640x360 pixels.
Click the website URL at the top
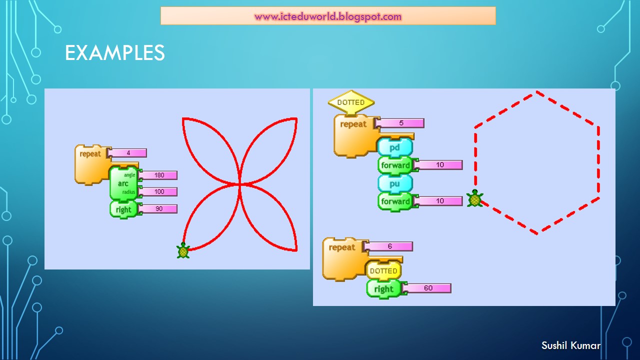328,16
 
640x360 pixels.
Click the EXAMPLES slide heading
114,53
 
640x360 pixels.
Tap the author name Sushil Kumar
570,345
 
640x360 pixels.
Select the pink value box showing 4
127,152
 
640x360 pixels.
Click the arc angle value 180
158,175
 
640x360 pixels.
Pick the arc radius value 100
158,191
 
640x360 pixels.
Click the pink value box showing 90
158,208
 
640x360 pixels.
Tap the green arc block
123,183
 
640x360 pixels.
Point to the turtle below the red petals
183,250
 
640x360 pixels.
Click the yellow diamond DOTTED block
351,102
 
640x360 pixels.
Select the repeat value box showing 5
400,123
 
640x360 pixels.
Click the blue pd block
395,147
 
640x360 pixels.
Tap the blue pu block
395,183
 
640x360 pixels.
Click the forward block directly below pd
395,165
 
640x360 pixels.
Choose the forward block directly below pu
395,201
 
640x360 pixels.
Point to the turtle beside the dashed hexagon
474,198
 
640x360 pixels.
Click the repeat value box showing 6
389,246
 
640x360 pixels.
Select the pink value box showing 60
428,288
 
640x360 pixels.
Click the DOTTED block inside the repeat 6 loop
383,271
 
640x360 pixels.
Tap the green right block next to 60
383,289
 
